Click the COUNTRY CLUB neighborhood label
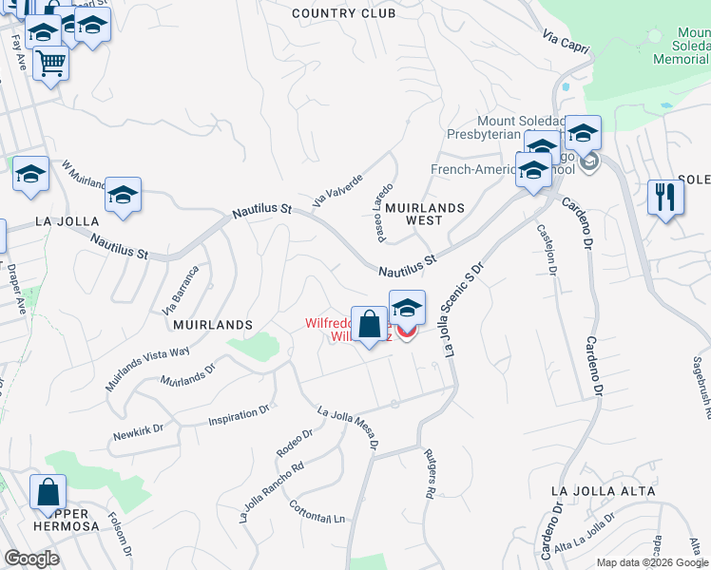343,13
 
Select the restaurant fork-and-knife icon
665,198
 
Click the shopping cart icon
50,63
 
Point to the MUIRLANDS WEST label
425,214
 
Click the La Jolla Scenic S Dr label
461,310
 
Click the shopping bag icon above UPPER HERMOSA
48,492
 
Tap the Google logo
31,558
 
